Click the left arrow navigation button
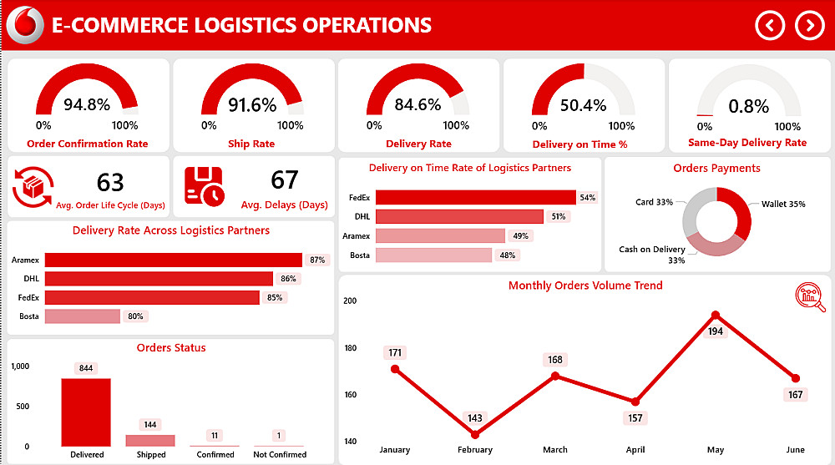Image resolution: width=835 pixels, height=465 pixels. [770, 25]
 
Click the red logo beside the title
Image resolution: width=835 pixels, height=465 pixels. [25, 24]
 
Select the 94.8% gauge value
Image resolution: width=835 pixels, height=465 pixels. [87, 104]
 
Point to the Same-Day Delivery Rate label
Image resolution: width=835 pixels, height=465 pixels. [747, 143]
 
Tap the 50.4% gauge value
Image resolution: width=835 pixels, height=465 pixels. [583, 105]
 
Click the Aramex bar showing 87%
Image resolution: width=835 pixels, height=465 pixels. [173, 260]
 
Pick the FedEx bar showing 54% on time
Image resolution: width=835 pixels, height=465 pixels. [475, 198]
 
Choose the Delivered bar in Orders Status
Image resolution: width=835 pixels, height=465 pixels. [86, 412]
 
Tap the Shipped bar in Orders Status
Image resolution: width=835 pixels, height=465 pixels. [150, 440]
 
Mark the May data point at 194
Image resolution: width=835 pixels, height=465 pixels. [716, 316]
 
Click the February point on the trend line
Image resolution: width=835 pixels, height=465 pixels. [475, 434]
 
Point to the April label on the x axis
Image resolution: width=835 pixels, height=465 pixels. [635, 450]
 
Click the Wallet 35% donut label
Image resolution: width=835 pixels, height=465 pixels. [782, 204]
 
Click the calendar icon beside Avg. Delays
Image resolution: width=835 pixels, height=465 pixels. [204, 185]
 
